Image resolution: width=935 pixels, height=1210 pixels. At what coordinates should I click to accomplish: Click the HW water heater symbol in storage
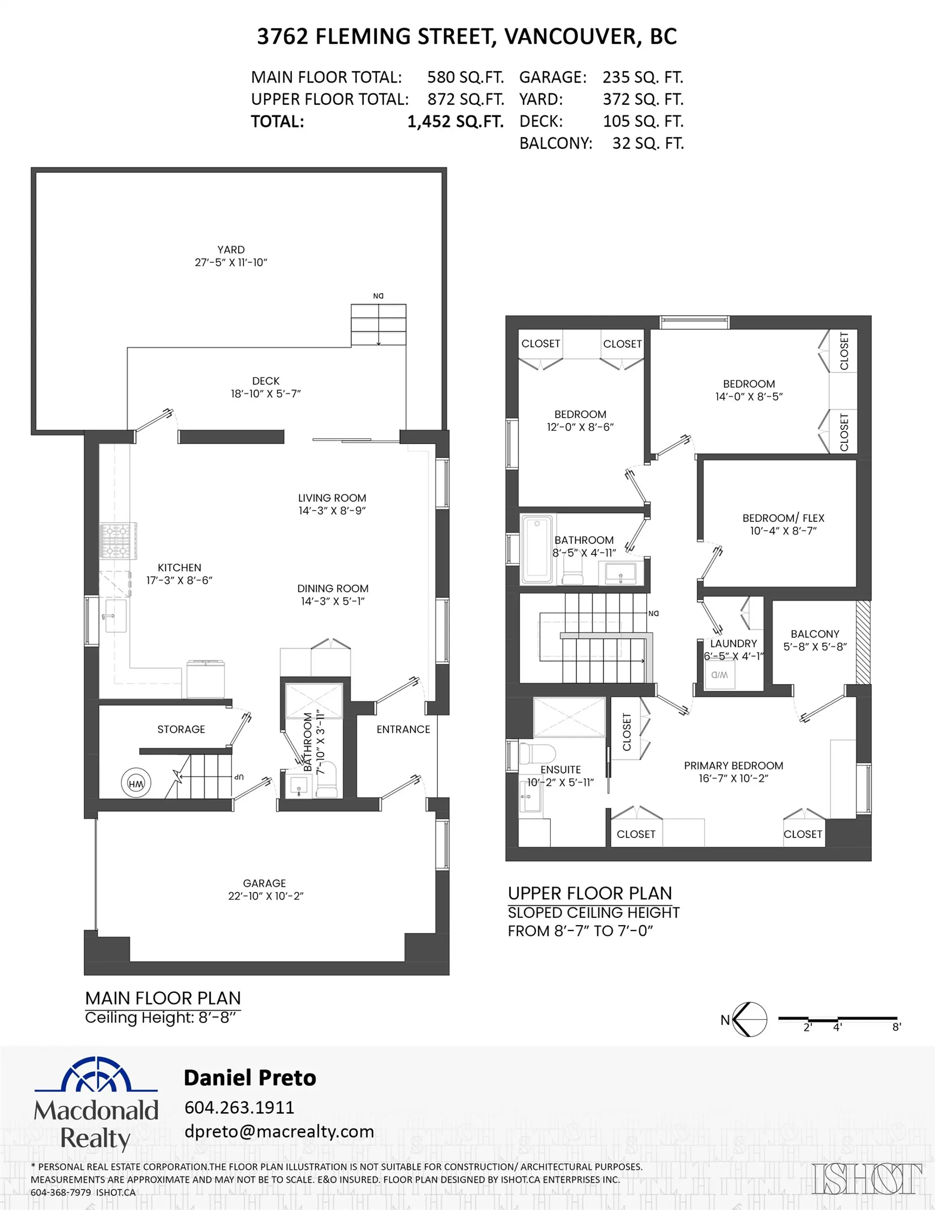(x=136, y=783)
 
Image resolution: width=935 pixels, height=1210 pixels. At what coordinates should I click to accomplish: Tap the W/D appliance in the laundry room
(x=719, y=675)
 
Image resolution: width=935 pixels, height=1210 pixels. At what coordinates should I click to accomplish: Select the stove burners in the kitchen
(x=118, y=541)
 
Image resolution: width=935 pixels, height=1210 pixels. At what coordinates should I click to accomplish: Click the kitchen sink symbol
(x=115, y=615)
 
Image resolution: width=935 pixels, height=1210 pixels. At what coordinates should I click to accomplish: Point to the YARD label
(x=230, y=250)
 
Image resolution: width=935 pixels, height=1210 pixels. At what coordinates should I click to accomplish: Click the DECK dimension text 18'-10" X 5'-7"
(x=265, y=394)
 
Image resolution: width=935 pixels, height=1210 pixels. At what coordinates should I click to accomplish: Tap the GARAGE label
(x=264, y=883)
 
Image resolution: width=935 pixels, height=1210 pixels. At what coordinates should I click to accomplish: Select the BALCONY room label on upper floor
(x=814, y=634)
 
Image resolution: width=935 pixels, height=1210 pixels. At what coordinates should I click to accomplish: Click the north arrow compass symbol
(x=749, y=1020)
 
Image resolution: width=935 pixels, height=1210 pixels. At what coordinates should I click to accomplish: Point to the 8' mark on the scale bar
(x=896, y=1026)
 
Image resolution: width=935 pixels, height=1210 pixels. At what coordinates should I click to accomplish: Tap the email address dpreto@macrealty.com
(x=279, y=1131)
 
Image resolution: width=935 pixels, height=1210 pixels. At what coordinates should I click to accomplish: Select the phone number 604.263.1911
(x=239, y=1107)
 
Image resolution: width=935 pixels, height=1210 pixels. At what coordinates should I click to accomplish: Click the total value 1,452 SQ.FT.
(x=455, y=121)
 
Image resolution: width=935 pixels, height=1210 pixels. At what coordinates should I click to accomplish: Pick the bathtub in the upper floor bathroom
(x=537, y=549)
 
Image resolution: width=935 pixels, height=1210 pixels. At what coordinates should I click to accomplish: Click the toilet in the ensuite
(x=537, y=754)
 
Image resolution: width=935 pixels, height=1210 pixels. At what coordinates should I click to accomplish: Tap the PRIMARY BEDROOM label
(x=733, y=765)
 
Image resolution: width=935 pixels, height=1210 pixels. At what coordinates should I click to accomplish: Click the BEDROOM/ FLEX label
(x=783, y=518)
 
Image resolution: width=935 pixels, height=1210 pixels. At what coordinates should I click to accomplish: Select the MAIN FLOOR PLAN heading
(x=163, y=998)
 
